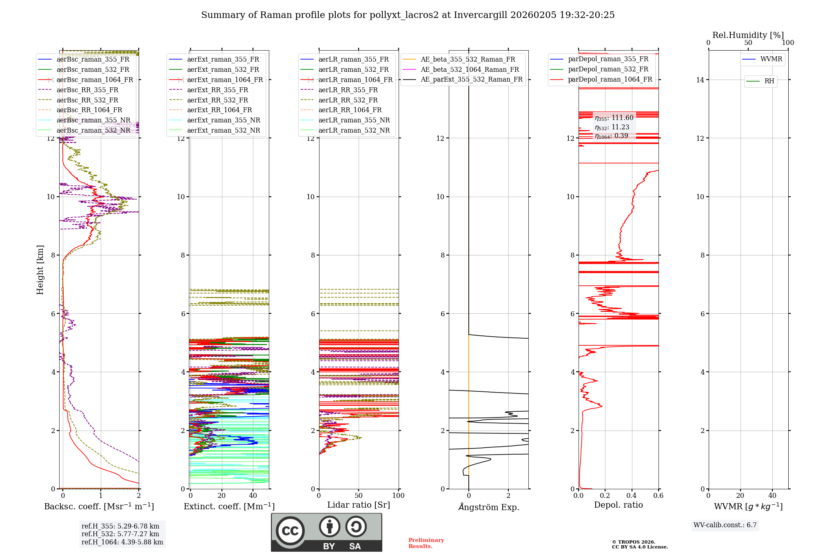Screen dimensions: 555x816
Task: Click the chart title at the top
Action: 408,15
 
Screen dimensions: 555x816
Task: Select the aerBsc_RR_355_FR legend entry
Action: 87,90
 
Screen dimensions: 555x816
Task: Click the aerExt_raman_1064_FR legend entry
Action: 225,80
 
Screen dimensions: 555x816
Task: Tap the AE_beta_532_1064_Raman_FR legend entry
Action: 470,69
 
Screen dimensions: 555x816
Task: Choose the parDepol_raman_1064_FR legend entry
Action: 610,79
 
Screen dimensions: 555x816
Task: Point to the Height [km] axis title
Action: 40,270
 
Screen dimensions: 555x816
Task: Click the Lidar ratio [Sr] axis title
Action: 359,505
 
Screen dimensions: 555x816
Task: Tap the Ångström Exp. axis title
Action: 489,507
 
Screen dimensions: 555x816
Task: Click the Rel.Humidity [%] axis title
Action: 748,35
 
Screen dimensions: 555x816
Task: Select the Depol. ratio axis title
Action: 618,505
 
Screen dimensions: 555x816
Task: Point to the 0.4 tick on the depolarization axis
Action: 632,495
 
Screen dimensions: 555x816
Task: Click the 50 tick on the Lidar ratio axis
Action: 359,495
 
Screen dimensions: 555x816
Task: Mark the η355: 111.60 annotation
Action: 614,118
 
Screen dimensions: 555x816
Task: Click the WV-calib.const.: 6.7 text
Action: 725,525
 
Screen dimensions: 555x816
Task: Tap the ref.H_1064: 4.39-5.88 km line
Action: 122,542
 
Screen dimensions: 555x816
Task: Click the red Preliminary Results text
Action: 426,543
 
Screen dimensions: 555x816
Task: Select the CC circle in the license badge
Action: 290,531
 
